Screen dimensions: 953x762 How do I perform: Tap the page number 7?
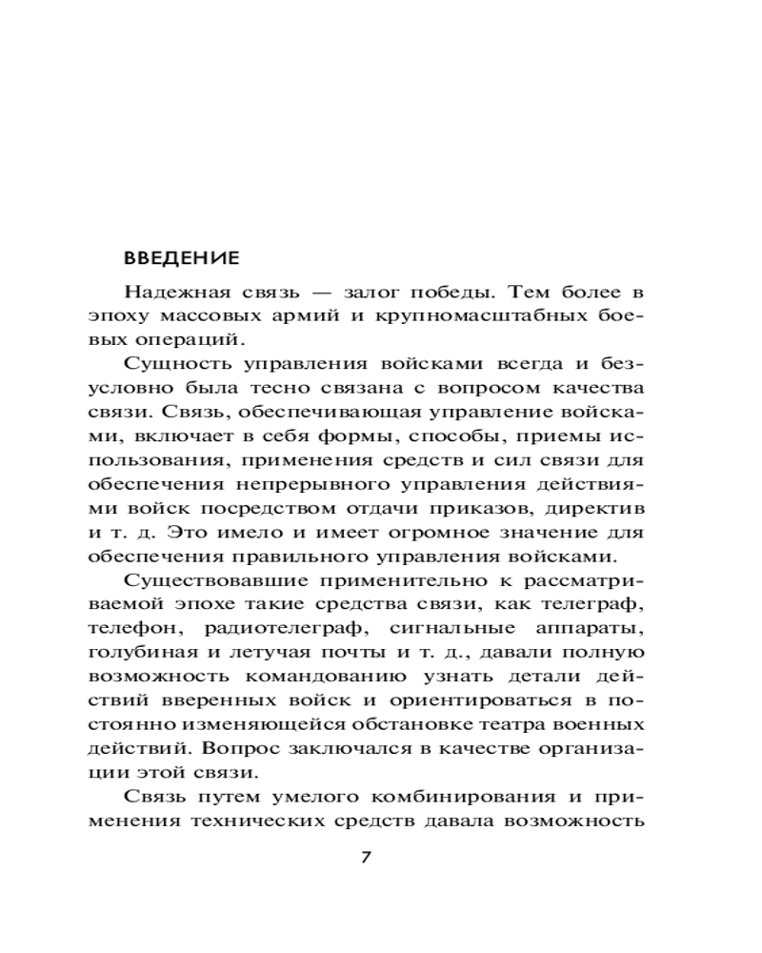(x=367, y=856)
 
